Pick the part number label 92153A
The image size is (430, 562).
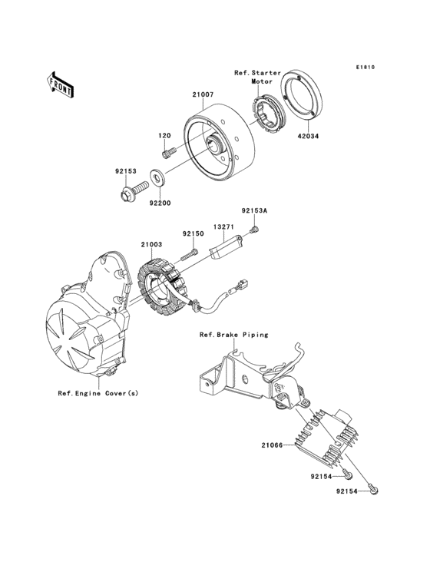(254, 208)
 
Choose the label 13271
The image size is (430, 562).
(223, 226)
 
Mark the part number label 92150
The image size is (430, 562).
(192, 234)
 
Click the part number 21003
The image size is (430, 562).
(151, 243)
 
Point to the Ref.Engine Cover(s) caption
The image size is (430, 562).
(98, 393)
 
